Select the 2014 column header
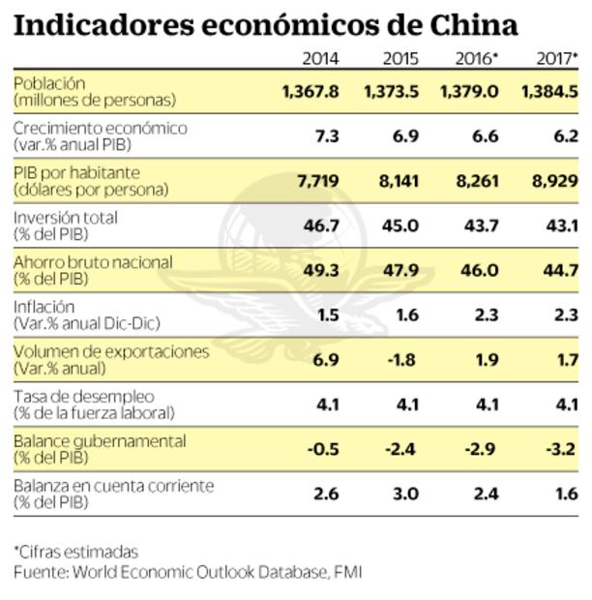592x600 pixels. [320, 58]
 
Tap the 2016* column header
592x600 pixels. [477, 58]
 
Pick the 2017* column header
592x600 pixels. [557, 58]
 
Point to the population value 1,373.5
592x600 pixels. [392, 92]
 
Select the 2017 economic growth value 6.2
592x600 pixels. [564, 136]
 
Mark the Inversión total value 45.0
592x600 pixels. [401, 225]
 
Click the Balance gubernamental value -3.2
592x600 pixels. [560, 449]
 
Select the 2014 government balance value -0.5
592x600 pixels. [321, 449]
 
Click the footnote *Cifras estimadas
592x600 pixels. [75, 553]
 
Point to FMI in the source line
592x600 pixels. [347, 572]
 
